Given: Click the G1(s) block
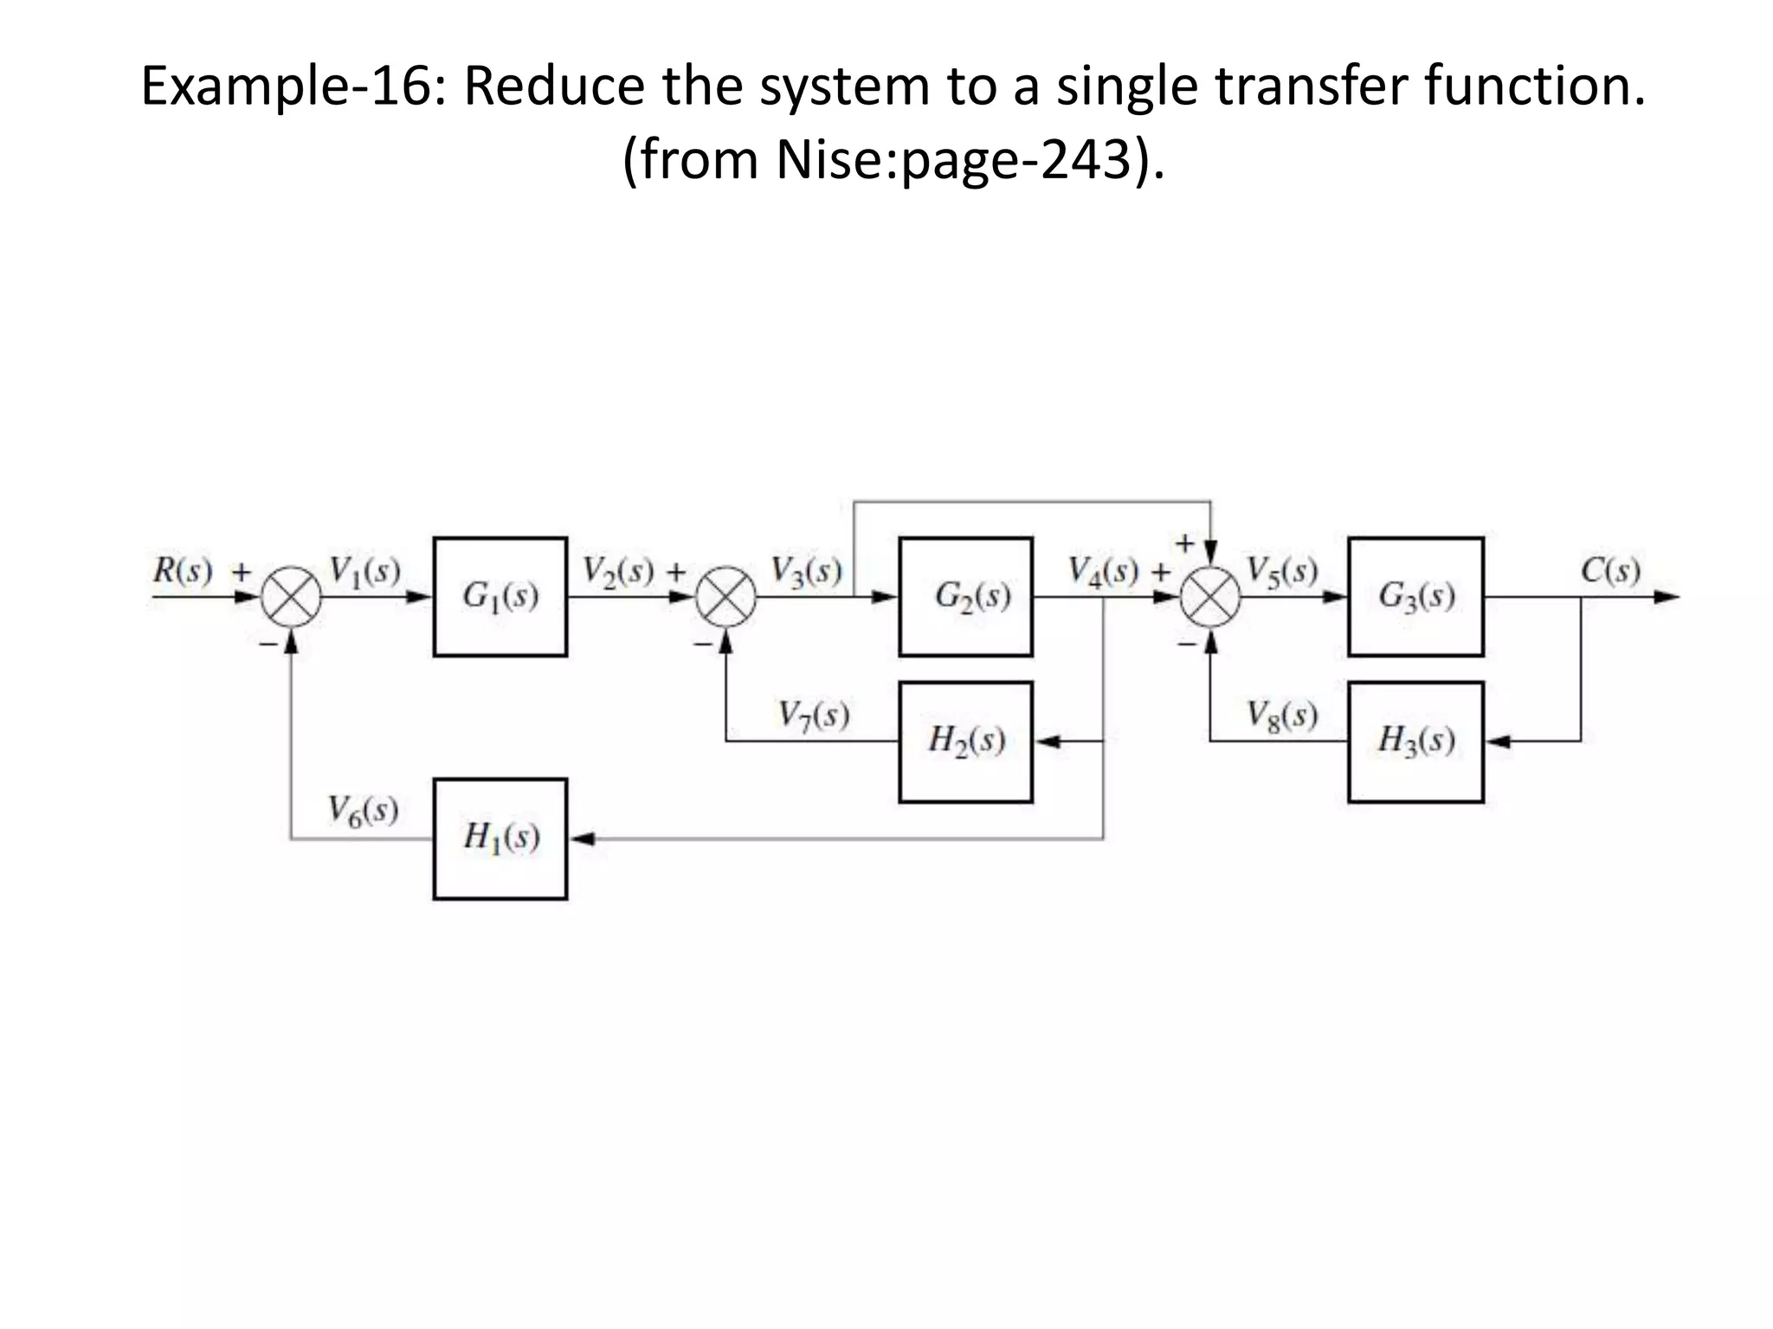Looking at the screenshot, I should tap(500, 596).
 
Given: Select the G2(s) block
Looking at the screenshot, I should tap(965, 596).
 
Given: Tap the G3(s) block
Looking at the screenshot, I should tap(1415, 596).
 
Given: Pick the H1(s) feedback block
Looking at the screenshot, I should tap(500, 838).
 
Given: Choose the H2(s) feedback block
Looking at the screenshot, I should tap(965, 742).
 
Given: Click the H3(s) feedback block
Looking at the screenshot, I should tap(1415, 742).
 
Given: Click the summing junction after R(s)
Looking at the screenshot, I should tap(292, 597).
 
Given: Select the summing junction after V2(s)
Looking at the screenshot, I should tap(726, 597).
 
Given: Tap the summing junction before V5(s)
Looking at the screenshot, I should tap(1210, 597).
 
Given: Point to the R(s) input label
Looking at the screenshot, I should tap(182, 571).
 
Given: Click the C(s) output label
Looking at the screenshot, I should tap(1610, 571).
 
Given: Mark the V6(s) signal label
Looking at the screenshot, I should tap(363, 811).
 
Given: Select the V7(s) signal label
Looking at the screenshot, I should tap(813, 716).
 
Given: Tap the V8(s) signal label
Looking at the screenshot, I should tap(1281, 716).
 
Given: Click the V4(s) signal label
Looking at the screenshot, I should tap(1103, 571).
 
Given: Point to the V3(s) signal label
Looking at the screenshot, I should tap(806, 571).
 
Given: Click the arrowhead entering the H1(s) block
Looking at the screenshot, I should tap(582, 838).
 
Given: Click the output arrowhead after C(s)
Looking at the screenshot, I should tap(1666, 597).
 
